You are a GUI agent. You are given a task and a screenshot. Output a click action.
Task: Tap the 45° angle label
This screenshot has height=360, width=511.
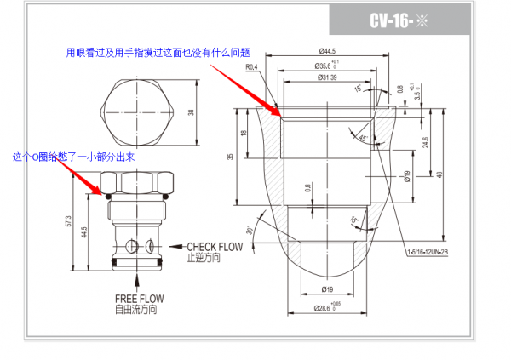tap(363, 138)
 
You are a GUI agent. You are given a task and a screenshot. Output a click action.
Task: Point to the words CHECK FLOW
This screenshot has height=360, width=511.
tap(215, 248)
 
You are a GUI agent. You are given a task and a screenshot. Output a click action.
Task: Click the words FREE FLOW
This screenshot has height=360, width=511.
tap(139, 299)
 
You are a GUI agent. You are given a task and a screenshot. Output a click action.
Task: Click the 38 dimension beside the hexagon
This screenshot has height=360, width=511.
tap(191, 111)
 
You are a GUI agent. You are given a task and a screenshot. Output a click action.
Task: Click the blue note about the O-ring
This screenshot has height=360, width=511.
tap(74, 157)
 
